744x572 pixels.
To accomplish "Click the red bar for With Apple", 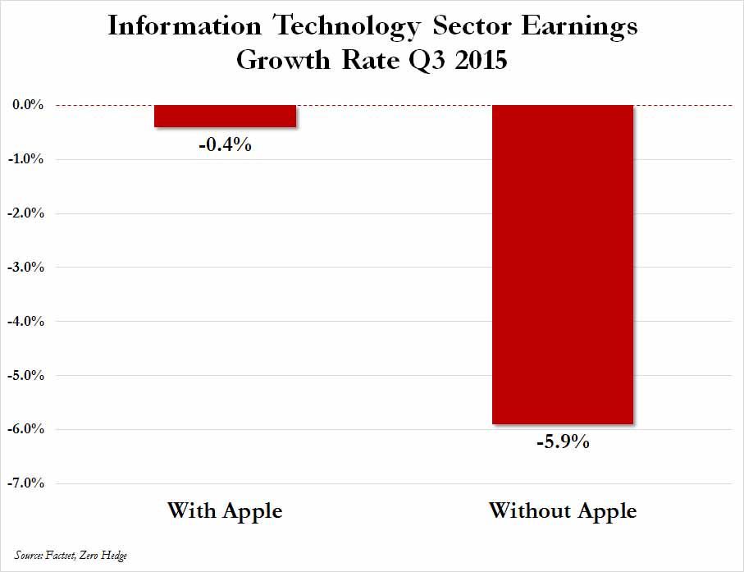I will point(225,116).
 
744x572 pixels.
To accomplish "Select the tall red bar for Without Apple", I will point(562,264).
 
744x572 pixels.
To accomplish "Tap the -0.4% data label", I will point(225,145).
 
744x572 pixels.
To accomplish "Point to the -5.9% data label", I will point(563,443).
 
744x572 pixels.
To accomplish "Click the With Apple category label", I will point(225,510).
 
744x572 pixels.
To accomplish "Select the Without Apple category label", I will point(563,510).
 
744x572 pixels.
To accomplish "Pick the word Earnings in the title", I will point(582,28).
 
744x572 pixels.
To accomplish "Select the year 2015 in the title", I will point(478,61).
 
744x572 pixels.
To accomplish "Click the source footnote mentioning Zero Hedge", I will point(71,556).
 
